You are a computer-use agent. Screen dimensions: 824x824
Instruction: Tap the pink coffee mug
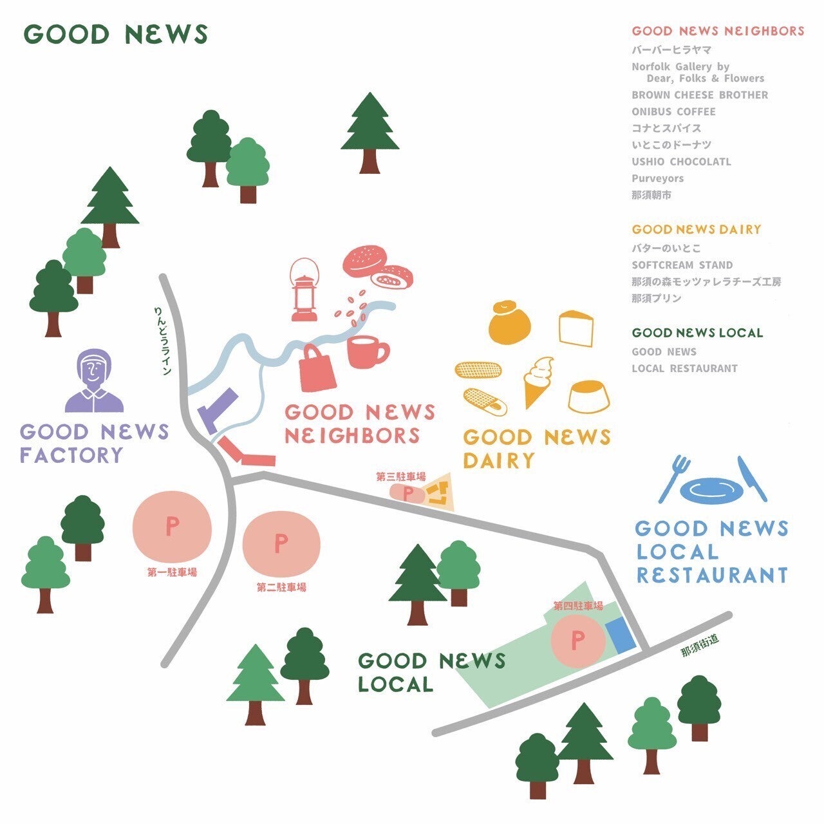click(366, 351)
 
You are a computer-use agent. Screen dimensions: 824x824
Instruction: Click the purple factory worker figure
click(94, 381)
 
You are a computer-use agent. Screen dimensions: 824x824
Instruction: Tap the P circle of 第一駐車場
click(172, 527)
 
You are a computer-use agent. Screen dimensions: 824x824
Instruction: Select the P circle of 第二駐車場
click(281, 544)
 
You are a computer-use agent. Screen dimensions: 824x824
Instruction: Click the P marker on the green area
click(578, 640)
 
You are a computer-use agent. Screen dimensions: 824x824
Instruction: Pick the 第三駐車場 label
click(400, 477)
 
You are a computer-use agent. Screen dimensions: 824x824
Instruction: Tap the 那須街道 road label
click(699, 646)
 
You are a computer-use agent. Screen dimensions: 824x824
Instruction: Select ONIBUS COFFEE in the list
click(673, 111)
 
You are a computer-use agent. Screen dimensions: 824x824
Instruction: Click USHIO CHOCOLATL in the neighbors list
click(681, 162)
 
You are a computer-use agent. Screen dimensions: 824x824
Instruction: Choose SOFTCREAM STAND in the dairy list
click(682, 265)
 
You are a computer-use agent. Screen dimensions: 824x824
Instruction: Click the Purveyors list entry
click(657, 178)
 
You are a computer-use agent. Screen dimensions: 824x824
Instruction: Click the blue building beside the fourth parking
click(621, 634)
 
